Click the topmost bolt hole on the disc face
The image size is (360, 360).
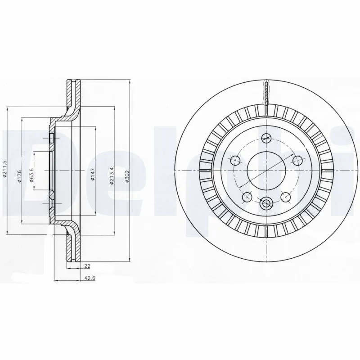tap(266, 139)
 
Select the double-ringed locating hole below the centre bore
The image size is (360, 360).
tap(266, 203)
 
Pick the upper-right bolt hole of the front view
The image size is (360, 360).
tap(297, 159)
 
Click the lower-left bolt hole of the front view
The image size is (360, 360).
tap(246, 197)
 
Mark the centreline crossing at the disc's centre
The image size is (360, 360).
tap(266, 171)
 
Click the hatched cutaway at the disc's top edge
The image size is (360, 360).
tap(266, 92)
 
